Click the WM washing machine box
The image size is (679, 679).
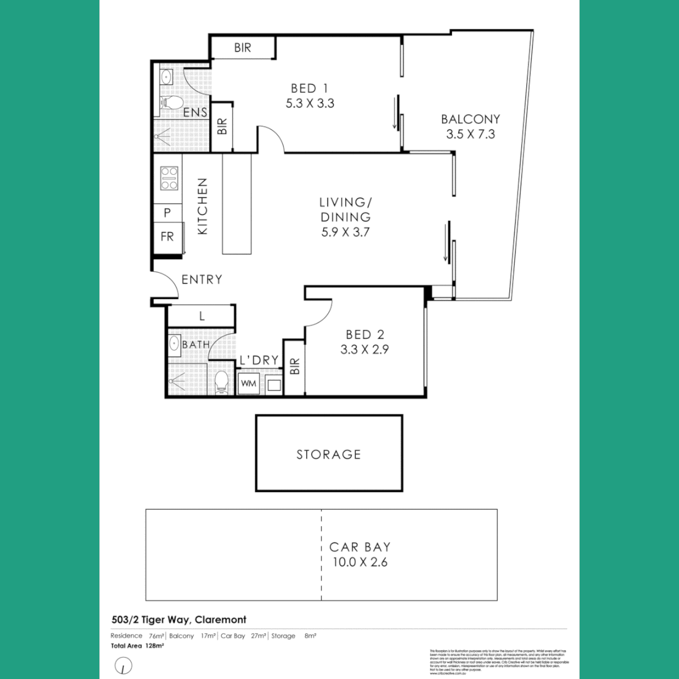point(248,382)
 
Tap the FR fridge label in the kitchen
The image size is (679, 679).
point(167,237)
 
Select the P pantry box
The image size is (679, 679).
point(167,213)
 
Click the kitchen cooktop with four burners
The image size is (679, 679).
point(169,178)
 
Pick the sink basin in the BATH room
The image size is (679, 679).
point(174,344)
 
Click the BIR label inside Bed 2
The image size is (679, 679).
point(294,367)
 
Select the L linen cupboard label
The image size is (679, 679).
point(201,316)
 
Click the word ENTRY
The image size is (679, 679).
point(201,280)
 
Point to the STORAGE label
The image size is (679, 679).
point(329,454)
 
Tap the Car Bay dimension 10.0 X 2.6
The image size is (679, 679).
point(360,562)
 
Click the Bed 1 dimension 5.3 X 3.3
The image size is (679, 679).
point(309,104)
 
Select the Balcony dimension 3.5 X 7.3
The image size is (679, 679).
point(470,134)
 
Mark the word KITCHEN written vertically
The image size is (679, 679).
point(202,207)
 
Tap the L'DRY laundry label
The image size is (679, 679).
point(258,360)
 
